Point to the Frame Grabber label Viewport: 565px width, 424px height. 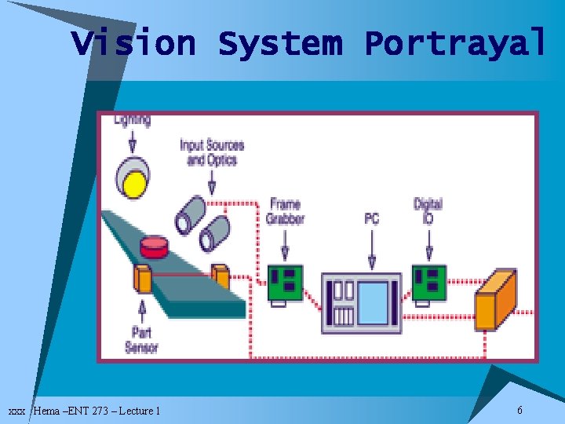click(284, 211)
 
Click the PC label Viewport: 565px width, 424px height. click(372, 217)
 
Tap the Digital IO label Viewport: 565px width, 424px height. click(428, 210)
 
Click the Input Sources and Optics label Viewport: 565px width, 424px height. click(212, 152)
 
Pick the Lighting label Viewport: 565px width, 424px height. click(132, 120)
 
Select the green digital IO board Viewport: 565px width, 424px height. click(429, 283)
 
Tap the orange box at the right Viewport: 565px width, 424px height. click(496, 300)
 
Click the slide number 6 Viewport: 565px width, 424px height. click(519, 410)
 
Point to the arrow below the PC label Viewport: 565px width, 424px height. click(372, 249)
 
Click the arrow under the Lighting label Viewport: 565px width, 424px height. click(132, 141)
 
